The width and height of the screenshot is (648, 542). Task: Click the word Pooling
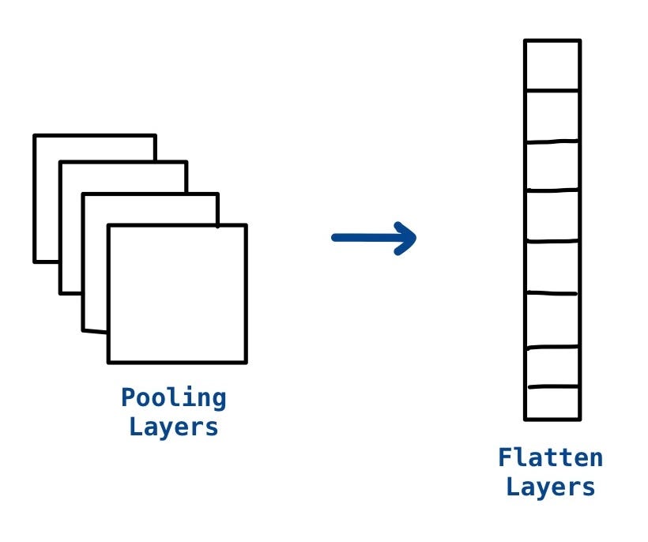(x=174, y=398)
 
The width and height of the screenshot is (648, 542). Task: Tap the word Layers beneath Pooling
(x=174, y=427)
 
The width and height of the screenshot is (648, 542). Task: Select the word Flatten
(x=551, y=457)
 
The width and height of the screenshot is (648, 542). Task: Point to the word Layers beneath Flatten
(x=551, y=487)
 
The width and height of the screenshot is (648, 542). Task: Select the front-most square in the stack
(x=177, y=294)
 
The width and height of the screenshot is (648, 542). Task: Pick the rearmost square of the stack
(x=46, y=198)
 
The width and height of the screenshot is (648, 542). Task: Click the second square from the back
(x=71, y=229)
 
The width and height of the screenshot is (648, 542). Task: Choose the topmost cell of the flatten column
(x=552, y=66)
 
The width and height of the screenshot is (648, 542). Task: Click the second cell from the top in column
(x=552, y=117)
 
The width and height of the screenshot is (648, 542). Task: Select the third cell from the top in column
(x=552, y=166)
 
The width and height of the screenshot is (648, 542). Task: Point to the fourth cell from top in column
(x=552, y=215)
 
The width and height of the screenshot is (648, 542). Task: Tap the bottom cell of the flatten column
(x=552, y=403)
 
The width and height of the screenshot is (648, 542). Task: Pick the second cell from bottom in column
(x=552, y=367)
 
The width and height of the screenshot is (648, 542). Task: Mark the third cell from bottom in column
(x=552, y=320)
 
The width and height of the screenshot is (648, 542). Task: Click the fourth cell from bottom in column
(x=552, y=266)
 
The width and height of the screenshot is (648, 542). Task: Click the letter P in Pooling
(x=128, y=398)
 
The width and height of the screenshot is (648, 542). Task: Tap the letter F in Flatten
(x=505, y=457)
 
